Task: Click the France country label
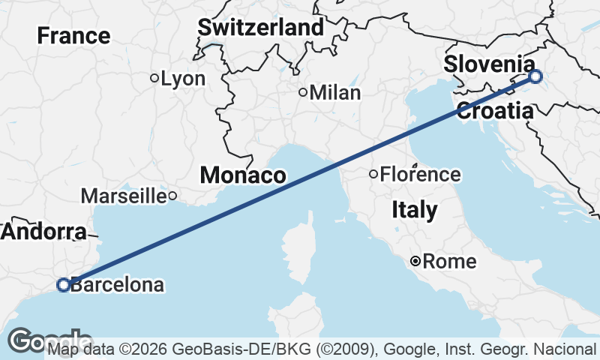[x=73, y=35]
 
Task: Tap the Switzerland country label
[x=261, y=28]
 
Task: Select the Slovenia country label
[x=489, y=64]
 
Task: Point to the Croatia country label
[x=494, y=112]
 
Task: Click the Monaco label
[x=242, y=176]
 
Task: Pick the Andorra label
[x=43, y=232]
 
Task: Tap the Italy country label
[x=415, y=211]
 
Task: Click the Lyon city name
[x=183, y=78]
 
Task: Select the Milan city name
[x=335, y=93]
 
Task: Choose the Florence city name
[x=420, y=175]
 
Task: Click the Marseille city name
[x=123, y=196]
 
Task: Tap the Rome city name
[x=449, y=262]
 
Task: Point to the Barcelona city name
[x=117, y=285]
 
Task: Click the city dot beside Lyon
[x=154, y=77]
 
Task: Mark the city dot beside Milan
[x=303, y=93]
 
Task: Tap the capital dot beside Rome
[x=415, y=261]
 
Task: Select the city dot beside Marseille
[x=172, y=196]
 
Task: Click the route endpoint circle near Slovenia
[x=535, y=76]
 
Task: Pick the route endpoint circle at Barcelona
[x=64, y=284]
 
